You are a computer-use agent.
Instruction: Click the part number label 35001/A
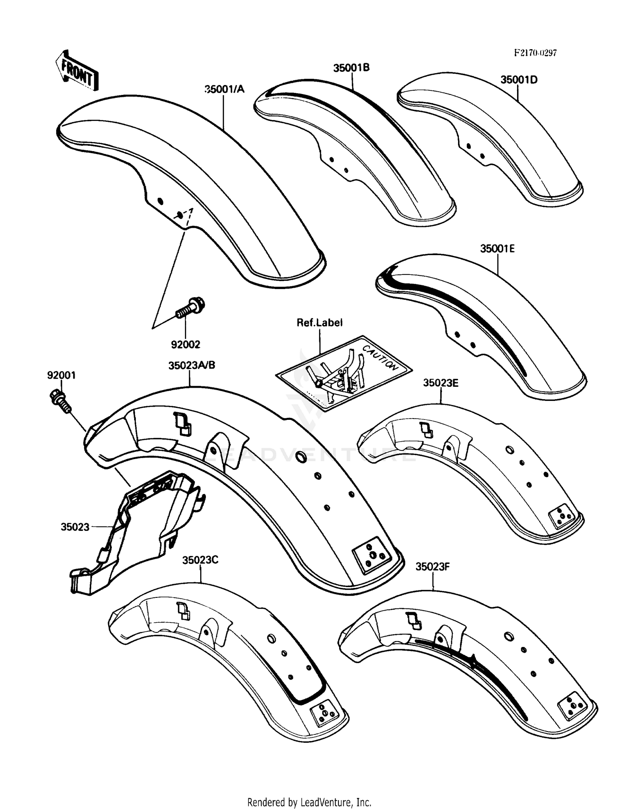click(224, 89)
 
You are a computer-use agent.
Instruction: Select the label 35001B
click(351, 68)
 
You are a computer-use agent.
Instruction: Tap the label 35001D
click(519, 80)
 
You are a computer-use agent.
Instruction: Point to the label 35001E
click(497, 249)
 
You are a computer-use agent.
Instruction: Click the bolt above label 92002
click(191, 308)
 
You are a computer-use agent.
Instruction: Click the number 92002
click(186, 344)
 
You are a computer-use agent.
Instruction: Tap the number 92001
click(61, 375)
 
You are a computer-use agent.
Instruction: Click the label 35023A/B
click(191, 365)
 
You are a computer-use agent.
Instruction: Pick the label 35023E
click(440, 383)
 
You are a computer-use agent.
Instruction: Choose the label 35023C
click(200, 560)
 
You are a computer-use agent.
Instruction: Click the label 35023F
click(432, 566)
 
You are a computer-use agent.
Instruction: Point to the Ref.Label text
click(319, 322)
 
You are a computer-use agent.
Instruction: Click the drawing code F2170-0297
click(535, 53)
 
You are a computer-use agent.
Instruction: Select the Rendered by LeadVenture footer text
click(309, 802)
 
